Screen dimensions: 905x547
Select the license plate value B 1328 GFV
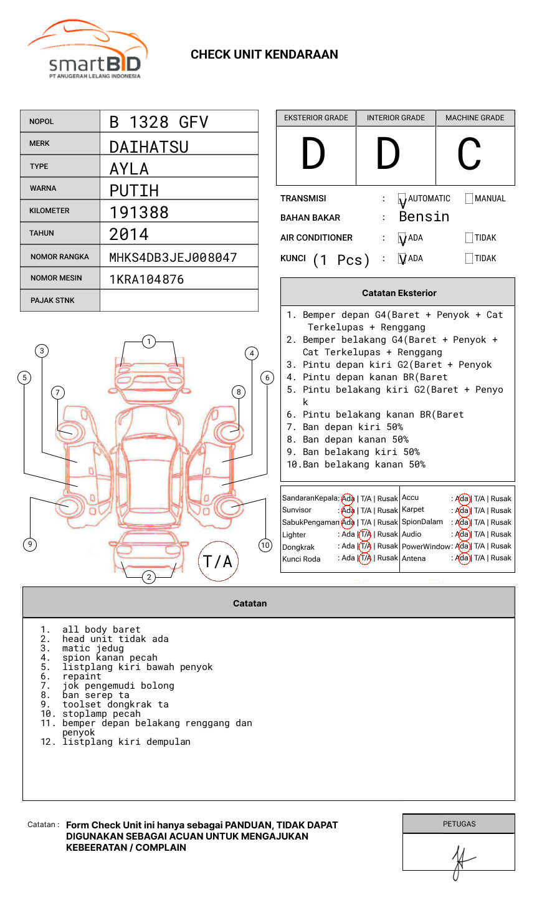tap(158, 122)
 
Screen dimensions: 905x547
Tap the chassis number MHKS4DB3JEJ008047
tap(173, 257)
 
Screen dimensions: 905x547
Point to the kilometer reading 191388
tap(139, 213)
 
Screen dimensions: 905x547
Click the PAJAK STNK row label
tap(52, 300)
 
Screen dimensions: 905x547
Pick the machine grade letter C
tap(469, 155)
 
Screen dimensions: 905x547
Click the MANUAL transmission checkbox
tap(469, 199)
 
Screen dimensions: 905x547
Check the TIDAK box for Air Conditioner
tap(469, 238)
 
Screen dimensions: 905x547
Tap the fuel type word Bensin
tap(424, 217)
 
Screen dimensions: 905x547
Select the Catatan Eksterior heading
tap(399, 293)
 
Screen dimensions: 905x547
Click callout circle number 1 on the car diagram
tap(148, 342)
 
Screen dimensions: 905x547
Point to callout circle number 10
tap(265, 545)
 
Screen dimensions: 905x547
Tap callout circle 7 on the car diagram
tap(57, 392)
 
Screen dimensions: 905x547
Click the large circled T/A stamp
tap(218, 562)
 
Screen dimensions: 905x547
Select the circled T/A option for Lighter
tap(365, 534)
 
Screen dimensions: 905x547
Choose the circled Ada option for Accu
tap(462, 499)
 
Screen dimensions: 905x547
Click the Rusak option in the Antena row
tap(501, 558)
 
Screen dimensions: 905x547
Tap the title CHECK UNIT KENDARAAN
tap(264, 55)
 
